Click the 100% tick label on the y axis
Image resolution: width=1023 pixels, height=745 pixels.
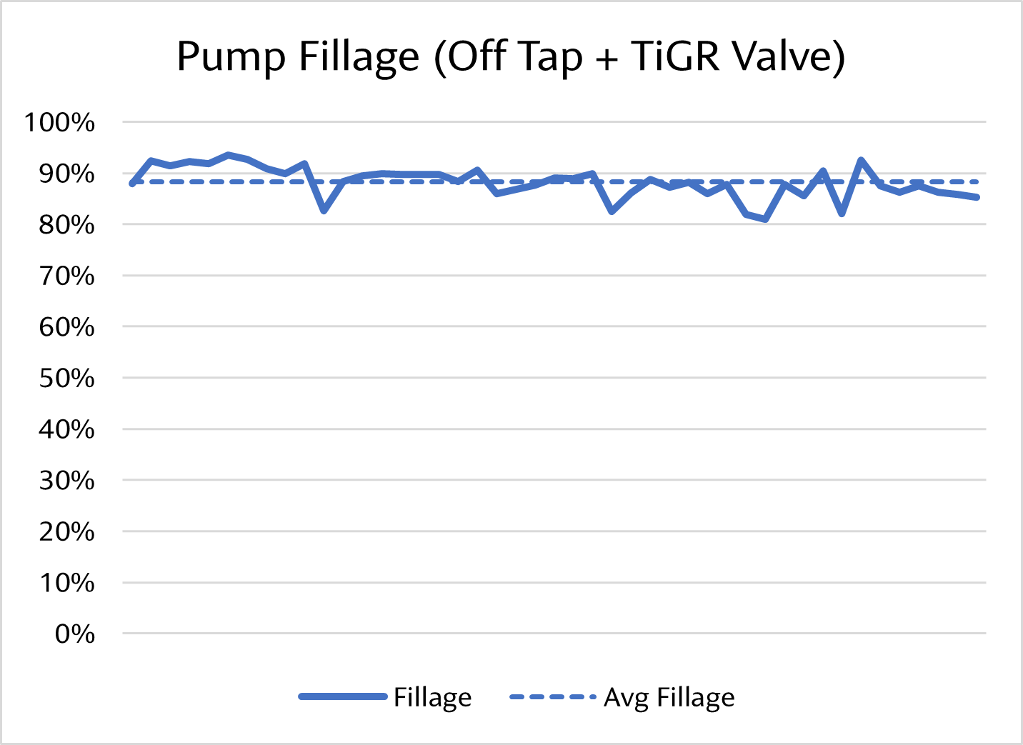59,122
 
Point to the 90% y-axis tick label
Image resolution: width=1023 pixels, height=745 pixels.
66,174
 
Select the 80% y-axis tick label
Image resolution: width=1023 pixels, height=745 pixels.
66,225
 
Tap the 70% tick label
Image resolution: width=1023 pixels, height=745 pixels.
66,276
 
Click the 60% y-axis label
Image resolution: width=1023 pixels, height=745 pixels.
66,327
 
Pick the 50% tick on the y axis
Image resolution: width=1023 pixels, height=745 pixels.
66,378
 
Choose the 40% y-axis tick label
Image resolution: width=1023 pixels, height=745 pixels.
66,429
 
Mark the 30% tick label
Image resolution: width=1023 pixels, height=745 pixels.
66,481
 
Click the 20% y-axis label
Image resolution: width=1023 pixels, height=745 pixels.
66,531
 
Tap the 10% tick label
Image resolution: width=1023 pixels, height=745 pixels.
66,583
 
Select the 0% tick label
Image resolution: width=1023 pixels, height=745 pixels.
74,634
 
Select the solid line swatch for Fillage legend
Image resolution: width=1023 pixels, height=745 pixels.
342,696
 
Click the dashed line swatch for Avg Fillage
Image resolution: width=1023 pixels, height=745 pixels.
552,696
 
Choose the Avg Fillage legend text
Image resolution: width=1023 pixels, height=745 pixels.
669,697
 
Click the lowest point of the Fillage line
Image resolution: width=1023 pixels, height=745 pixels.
766,219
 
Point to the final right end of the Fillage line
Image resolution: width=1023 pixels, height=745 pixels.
977,197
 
